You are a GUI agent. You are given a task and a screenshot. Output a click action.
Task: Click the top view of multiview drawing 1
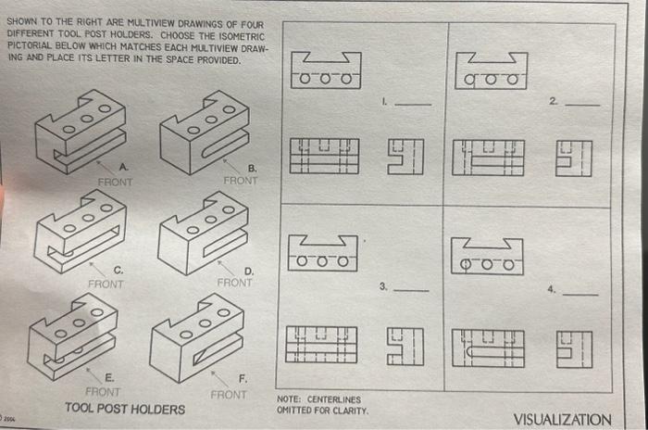[x=324, y=70]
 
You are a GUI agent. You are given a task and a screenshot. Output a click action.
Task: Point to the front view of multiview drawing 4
[x=487, y=346]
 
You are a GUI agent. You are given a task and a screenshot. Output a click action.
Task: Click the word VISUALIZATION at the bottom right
[x=562, y=419]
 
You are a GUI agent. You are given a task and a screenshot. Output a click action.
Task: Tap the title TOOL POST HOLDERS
[x=124, y=409]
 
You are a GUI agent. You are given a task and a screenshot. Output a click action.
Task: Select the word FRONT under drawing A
[x=115, y=182]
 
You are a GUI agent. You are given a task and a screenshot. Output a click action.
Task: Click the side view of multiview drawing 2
[x=573, y=157]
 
